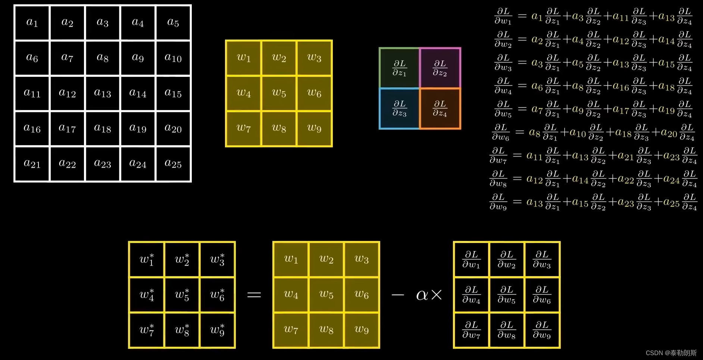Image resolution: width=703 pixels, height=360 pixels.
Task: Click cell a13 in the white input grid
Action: click(x=103, y=93)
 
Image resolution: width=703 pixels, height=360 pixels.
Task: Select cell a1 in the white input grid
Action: click(x=32, y=23)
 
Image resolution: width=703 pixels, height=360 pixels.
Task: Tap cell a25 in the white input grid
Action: click(x=173, y=164)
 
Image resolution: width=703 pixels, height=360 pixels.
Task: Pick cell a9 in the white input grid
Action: click(x=138, y=58)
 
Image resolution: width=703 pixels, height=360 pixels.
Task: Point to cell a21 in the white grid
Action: click(x=32, y=164)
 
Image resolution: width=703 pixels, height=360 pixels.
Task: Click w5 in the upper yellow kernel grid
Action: click(x=279, y=93)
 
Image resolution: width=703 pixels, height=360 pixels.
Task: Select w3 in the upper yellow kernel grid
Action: click(x=314, y=58)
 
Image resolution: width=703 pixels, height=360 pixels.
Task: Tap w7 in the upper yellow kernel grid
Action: click(x=244, y=128)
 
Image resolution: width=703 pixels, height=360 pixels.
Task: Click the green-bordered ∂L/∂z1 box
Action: click(x=399, y=68)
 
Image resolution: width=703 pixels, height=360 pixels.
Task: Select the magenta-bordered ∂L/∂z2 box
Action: click(x=440, y=68)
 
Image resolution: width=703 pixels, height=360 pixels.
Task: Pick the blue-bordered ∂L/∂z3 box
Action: click(x=399, y=108)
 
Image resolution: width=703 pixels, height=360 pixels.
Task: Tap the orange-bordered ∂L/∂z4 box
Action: click(x=440, y=108)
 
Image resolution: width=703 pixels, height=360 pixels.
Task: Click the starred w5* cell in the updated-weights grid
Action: click(x=182, y=295)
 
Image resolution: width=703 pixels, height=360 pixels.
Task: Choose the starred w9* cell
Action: click(x=217, y=330)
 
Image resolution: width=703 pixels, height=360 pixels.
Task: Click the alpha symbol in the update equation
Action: click(x=422, y=295)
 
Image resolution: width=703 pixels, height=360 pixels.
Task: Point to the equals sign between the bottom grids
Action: click(x=254, y=295)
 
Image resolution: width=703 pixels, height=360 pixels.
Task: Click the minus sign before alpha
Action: click(x=398, y=295)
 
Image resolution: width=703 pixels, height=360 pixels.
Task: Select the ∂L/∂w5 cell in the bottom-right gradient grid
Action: click(x=507, y=295)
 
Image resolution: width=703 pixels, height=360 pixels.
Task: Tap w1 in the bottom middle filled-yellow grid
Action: click(x=291, y=259)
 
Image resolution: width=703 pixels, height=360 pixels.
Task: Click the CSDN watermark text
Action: click(x=671, y=353)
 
